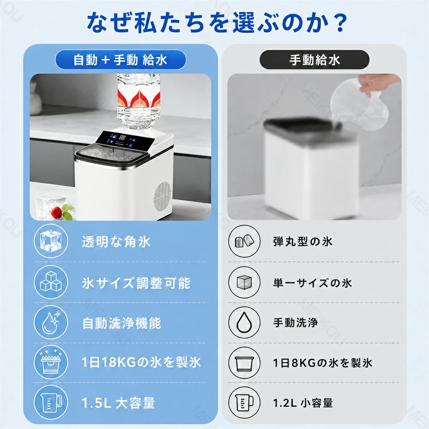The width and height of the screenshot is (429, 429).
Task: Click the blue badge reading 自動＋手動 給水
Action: (x=121, y=60)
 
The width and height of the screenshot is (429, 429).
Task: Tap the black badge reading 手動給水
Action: (x=314, y=60)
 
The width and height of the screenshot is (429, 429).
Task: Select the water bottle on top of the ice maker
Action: (x=139, y=101)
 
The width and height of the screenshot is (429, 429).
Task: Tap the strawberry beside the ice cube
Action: (x=56, y=212)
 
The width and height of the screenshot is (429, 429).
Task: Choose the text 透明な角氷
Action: (x=116, y=242)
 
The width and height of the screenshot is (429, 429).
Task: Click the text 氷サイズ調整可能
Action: (x=136, y=283)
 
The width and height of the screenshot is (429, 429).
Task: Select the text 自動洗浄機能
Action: (x=122, y=323)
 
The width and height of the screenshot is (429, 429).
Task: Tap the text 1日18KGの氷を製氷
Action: (x=141, y=362)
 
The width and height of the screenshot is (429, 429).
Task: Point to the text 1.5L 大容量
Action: (x=118, y=403)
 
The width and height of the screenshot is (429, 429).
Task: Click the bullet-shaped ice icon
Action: (x=245, y=241)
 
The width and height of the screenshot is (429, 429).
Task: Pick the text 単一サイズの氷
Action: (x=312, y=283)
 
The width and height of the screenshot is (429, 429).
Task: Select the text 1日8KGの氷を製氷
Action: (x=323, y=363)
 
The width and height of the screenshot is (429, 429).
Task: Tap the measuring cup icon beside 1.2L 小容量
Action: (x=245, y=403)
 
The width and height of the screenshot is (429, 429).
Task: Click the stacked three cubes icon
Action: (x=51, y=282)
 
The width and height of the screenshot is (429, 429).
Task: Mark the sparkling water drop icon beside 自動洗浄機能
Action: (x=51, y=322)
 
